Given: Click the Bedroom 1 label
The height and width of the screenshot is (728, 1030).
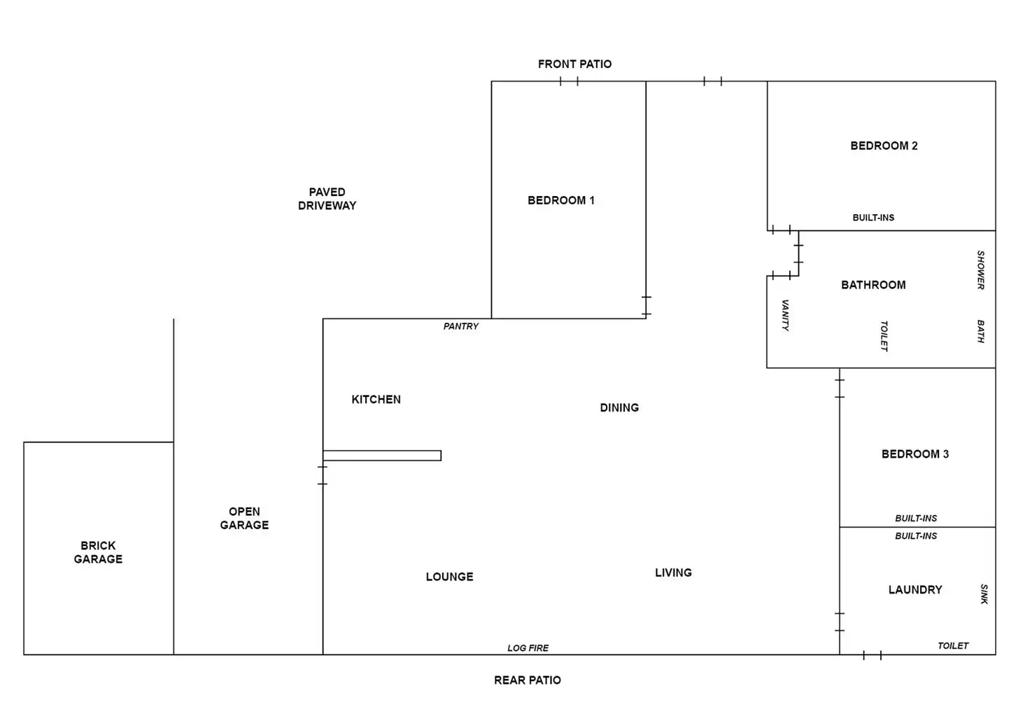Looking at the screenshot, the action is point(560,200).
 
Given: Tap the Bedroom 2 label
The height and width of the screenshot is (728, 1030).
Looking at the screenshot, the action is point(884,146).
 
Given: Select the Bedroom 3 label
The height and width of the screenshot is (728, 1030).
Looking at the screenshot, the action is point(915,454).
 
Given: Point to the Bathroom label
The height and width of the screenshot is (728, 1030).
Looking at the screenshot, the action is point(873,285).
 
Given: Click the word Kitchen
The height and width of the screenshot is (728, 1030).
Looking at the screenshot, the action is point(376,399).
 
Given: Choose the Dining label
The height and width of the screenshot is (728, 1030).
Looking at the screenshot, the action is point(619,407).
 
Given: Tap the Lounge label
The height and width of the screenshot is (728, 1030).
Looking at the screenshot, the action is point(449,577).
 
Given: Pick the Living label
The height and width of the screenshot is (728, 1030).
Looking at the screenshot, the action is point(673,573).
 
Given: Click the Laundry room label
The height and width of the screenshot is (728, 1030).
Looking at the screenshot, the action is point(915,589).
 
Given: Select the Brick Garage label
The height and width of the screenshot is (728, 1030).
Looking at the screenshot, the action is point(98,552).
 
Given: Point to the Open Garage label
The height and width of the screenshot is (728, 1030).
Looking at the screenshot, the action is point(244,518).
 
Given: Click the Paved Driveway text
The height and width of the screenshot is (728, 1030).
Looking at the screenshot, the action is point(327,199).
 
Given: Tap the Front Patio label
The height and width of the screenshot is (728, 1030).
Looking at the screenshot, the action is point(574,64).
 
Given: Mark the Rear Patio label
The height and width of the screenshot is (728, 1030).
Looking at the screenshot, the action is point(527,680).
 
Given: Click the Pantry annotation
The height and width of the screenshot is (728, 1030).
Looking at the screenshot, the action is point(460,326).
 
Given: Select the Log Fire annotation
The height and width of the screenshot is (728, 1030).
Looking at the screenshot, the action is point(528,648).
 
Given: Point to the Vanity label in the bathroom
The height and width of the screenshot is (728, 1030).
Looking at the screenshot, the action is point(785,315).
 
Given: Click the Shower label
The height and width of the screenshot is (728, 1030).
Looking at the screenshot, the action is point(980,270).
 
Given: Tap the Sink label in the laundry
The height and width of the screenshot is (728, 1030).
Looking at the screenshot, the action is point(984,594).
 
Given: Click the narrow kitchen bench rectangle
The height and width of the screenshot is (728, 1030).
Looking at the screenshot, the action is point(382,456).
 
